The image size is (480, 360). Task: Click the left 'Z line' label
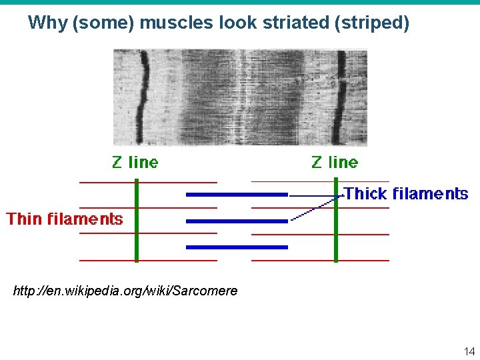click(x=135, y=162)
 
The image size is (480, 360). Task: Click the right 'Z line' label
click(x=335, y=162)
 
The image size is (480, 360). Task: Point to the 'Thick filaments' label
click(x=406, y=194)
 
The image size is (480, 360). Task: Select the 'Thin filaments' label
click(x=65, y=219)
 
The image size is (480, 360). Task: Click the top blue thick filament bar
click(x=237, y=195)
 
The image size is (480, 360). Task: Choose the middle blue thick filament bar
click(x=237, y=221)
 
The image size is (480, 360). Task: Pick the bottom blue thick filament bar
click(x=237, y=247)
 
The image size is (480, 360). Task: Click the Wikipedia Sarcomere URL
click(x=125, y=291)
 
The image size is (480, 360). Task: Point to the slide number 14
click(x=468, y=351)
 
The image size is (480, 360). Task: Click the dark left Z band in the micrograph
click(x=142, y=97)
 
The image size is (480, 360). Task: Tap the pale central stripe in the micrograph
click(x=241, y=97)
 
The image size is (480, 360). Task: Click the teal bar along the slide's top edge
click(x=240, y=2)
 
